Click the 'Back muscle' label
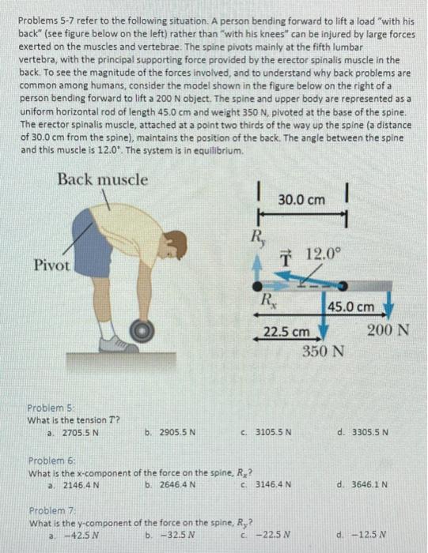tap(102, 179)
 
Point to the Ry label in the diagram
tap(258, 235)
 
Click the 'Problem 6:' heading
tap(51, 460)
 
